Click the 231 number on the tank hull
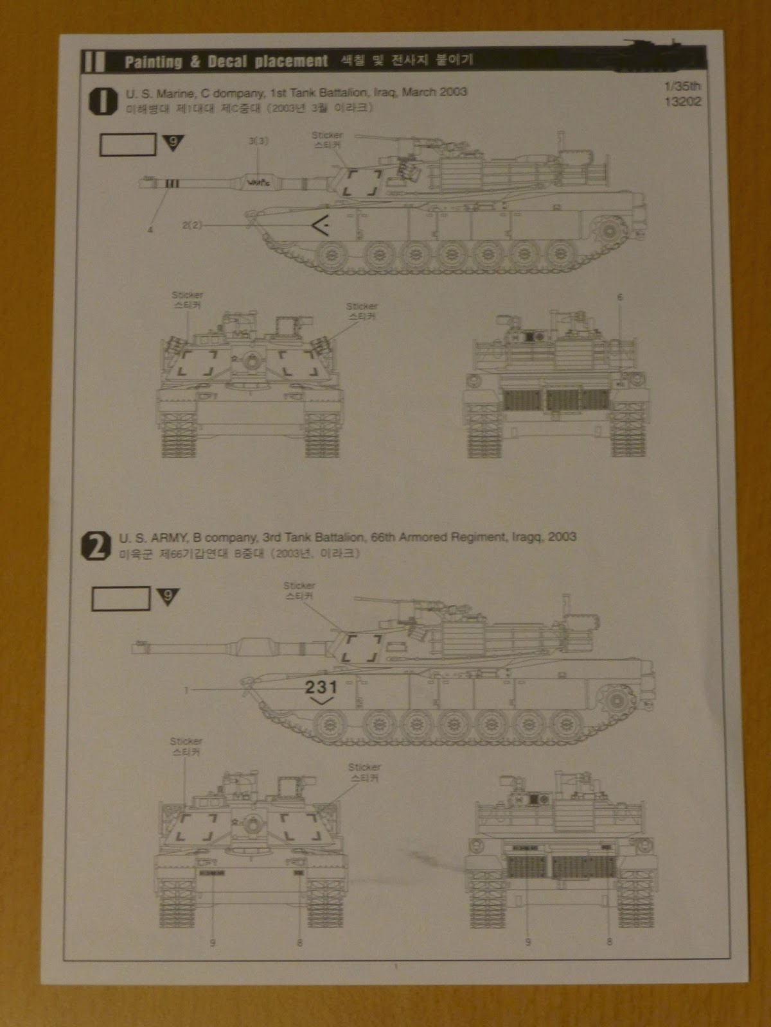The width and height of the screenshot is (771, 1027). tap(321, 687)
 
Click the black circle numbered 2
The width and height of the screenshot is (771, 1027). tap(96, 548)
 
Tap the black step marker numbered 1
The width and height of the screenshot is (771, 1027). tap(102, 101)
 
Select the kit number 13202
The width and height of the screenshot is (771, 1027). tap(684, 101)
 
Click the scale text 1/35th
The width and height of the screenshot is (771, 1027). tap(684, 85)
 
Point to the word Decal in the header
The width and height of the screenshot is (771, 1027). tap(227, 62)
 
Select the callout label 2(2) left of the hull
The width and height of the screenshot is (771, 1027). tap(191, 225)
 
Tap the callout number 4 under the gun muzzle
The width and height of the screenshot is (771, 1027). tap(150, 230)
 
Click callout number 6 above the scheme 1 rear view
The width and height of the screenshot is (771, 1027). tap(620, 297)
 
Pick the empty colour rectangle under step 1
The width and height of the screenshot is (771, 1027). tap(128, 144)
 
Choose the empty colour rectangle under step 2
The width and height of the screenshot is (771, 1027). tap(121, 599)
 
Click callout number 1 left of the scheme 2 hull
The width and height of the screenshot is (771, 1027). tap(186, 690)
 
